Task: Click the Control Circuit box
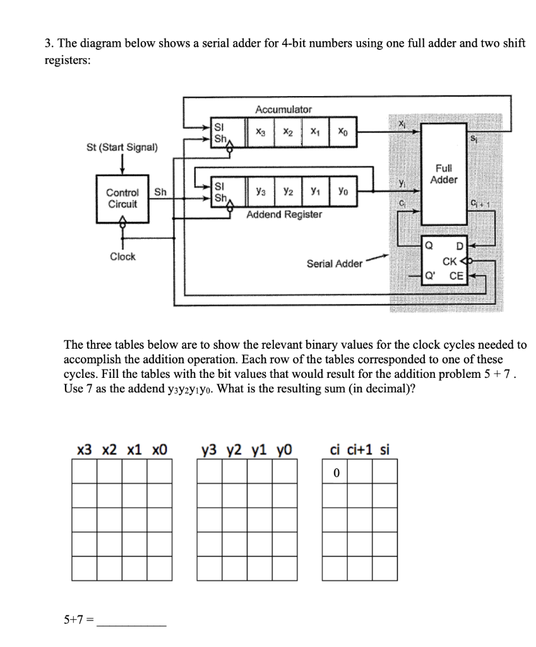[x=122, y=198]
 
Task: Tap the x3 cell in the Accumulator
[x=260, y=133]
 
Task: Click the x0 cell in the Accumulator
[x=342, y=133]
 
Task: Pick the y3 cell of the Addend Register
[x=260, y=190]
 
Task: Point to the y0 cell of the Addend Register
[x=342, y=190]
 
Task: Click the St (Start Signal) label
[x=122, y=147]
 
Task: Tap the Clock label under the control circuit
[x=122, y=257]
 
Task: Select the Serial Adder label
[x=335, y=264]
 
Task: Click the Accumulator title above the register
[x=283, y=109]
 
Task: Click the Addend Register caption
[x=283, y=215]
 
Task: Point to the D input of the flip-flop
[x=460, y=246]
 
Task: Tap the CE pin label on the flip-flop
[x=456, y=275]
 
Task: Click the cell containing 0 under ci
[x=336, y=471]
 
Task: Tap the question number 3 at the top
[x=48, y=44]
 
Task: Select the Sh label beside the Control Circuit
[x=160, y=193]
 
